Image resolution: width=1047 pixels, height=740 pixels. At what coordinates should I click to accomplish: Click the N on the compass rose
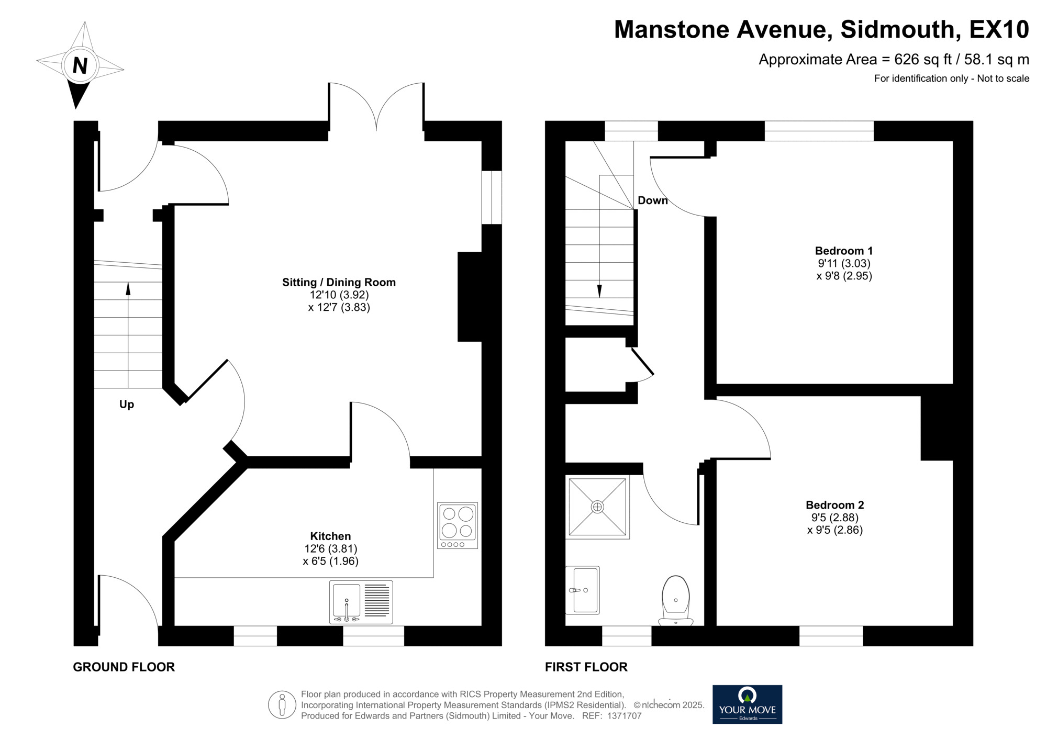[x=80, y=66]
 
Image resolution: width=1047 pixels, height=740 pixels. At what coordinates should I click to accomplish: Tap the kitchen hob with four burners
[x=458, y=525]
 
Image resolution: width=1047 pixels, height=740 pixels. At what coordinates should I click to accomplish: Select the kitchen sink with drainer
[x=361, y=602]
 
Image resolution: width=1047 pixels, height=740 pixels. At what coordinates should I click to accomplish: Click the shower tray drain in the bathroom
[x=597, y=507]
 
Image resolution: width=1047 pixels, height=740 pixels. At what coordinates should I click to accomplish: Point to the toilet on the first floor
[x=675, y=601]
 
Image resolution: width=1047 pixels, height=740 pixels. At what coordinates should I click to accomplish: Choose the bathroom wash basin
[x=583, y=590]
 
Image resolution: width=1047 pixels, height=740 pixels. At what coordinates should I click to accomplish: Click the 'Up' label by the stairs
[x=127, y=404]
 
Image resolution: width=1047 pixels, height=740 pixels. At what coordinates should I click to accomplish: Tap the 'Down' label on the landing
[x=652, y=200]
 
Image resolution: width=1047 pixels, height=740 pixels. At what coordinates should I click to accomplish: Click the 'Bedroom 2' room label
[x=834, y=505]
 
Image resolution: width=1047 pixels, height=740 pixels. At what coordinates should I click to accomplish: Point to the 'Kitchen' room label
[x=330, y=536]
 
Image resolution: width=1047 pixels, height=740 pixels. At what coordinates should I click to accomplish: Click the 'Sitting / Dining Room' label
[x=339, y=283]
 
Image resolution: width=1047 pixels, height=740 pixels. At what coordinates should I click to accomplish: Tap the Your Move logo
[x=747, y=704]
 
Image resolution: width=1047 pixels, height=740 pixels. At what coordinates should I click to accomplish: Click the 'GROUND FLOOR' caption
[x=124, y=667]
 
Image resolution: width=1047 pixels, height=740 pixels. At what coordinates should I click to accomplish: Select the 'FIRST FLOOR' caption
[x=586, y=667]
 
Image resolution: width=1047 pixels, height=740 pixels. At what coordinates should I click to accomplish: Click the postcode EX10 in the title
[x=999, y=29]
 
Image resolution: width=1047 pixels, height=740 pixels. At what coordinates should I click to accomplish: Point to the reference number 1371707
[x=624, y=716]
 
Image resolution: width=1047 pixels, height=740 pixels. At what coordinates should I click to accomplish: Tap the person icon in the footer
[x=282, y=704]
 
